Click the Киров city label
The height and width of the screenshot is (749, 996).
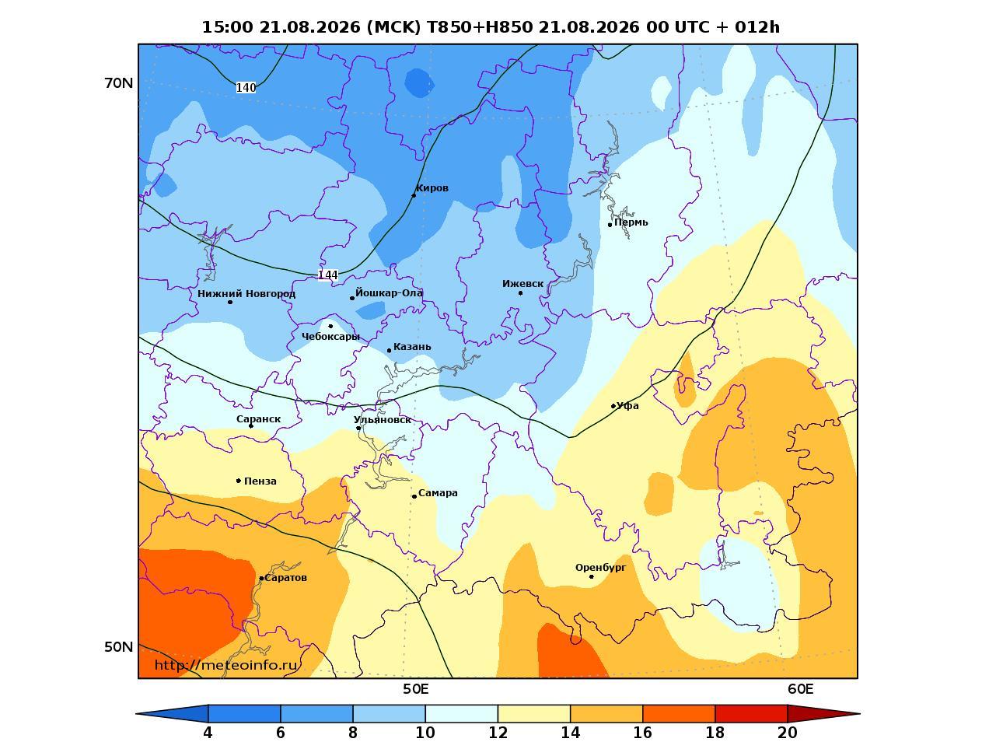pyautogui.click(x=432, y=188)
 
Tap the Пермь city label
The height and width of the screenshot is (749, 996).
pyautogui.click(x=631, y=222)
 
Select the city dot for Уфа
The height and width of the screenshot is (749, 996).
pyautogui.click(x=613, y=406)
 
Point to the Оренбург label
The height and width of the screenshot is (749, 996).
pyautogui.click(x=600, y=568)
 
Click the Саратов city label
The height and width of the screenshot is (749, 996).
pyautogui.click(x=285, y=578)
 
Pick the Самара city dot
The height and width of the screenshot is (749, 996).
pyautogui.click(x=414, y=496)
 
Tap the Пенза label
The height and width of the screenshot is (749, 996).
pyautogui.click(x=260, y=481)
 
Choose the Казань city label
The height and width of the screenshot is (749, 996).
pyautogui.click(x=412, y=347)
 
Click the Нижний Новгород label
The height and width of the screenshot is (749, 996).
pyautogui.click(x=246, y=294)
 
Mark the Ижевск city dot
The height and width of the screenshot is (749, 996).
pyautogui.click(x=520, y=293)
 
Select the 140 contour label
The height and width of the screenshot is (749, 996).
pyautogui.click(x=246, y=88)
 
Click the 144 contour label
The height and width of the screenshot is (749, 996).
pyautogui.click(x=327, y=275)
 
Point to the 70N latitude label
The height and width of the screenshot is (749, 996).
pyautogui.click(x=119, y=83)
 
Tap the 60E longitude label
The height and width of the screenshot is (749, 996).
pyautogui.click(x=800, y=689)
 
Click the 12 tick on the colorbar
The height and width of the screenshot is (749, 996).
pyautogui.click(x=498, y=733)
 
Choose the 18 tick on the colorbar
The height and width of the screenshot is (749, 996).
pyautogui.click(x=715, y=733)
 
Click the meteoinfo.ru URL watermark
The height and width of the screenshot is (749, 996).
pyautogui.click(x=226, y=666)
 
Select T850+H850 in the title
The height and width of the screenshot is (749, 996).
pyautogui.click(x=481, y=27)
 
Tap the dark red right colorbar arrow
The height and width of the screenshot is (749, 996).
pyautogui.click(x=823, y=713)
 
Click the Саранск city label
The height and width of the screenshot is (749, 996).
pyautogui.click(x=258, y=419)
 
